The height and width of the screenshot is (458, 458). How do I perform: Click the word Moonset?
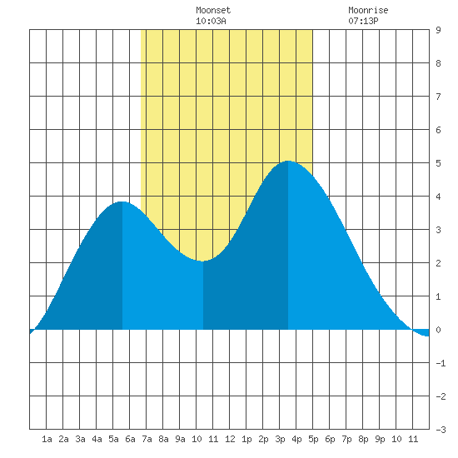coord(213,11)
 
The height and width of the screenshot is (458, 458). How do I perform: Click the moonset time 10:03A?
coord(211,21)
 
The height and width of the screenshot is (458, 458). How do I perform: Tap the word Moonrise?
coord(368,11)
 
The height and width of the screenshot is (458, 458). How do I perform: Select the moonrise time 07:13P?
coord(363,21)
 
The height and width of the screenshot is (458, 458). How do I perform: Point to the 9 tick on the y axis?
coord(438,30)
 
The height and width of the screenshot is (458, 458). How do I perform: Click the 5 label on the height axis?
coord(438,163)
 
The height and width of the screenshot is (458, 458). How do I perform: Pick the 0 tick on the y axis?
coord(438,330)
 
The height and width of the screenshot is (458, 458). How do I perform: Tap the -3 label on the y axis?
coord(441,430)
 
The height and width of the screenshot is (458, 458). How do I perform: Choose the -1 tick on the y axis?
coord(441,363)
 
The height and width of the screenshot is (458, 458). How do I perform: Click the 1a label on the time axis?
coord(47,439)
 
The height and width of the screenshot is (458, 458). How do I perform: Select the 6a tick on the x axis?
coord(130,439)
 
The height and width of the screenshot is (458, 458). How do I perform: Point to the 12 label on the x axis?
coord(230,439)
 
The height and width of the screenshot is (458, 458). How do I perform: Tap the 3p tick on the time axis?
coord(280,439)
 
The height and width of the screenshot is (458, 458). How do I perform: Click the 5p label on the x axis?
coord(313,439)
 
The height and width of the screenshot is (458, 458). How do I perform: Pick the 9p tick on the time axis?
coord(380,439)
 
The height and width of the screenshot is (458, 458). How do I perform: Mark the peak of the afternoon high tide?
coord(288,161)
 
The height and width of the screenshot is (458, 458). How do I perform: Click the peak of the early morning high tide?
coord(122,202)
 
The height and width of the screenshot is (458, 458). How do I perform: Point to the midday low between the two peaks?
coord(202,261)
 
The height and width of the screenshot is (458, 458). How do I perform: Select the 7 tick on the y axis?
coord(438,97)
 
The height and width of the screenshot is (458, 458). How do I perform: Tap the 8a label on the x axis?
coord(163,439)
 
